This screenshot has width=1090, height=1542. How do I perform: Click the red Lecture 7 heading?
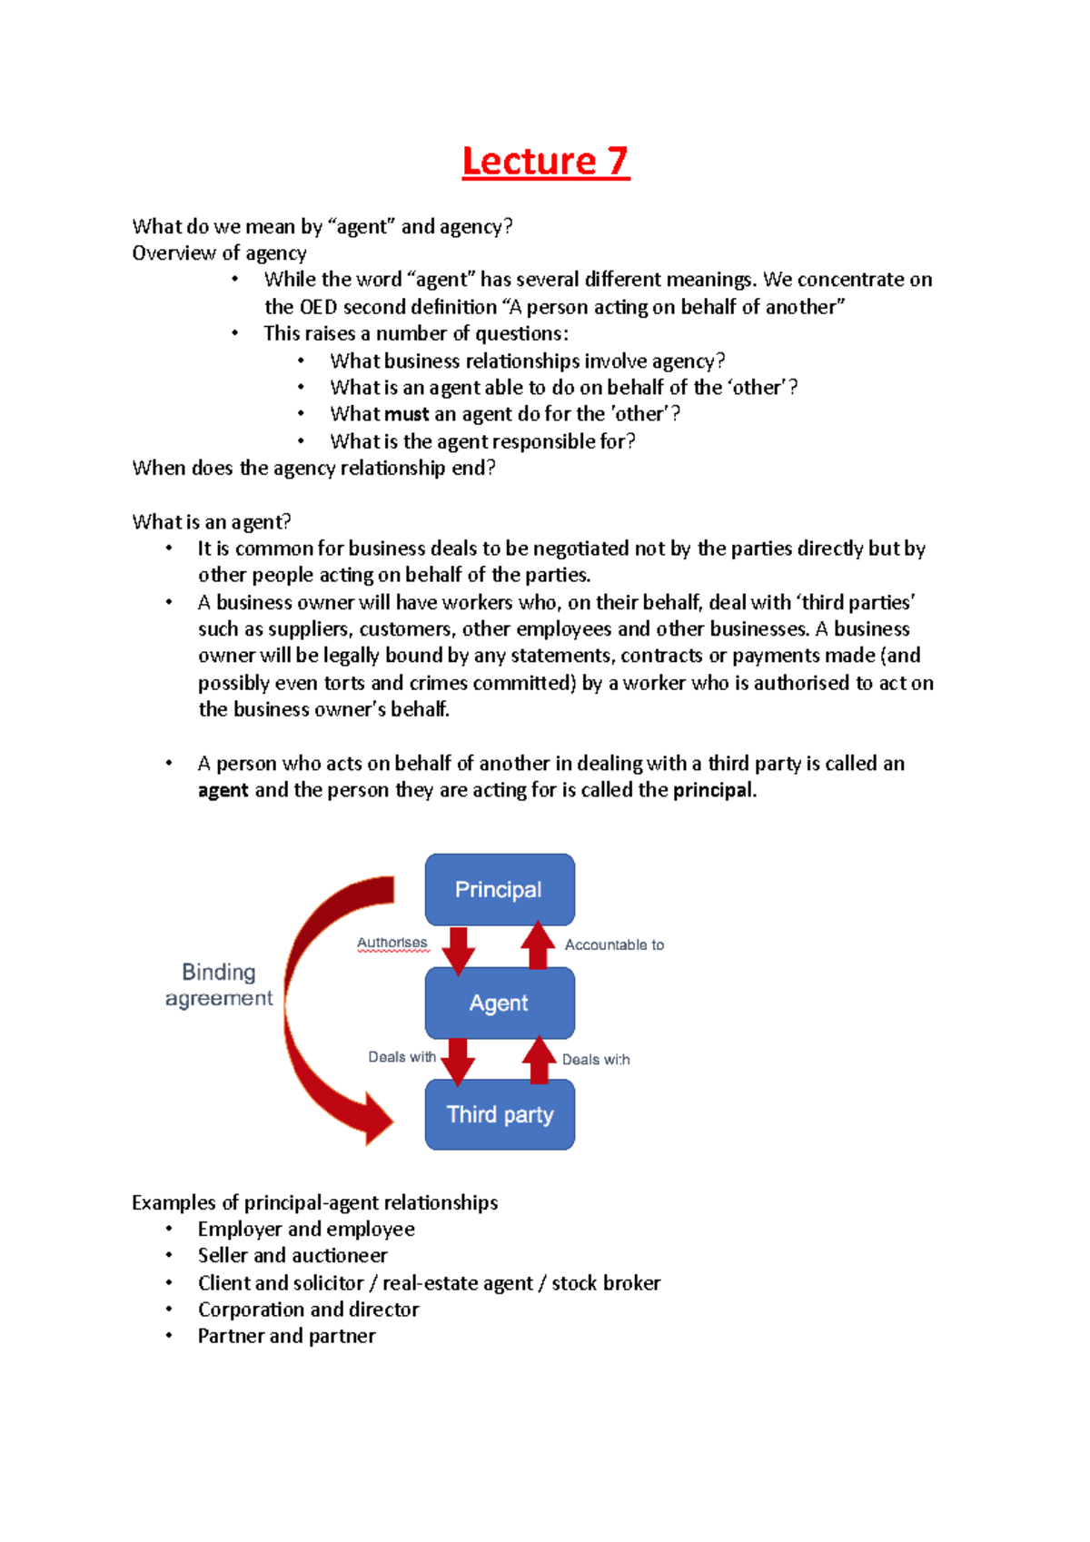click(x=545, y=161)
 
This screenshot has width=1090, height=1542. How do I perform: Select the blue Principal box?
click(x=500, y=889)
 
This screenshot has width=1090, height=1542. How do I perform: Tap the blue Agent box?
click(x=500, y=1003)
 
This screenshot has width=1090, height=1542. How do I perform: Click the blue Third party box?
click(x=500, y=1114)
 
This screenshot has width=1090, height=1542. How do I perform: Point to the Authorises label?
click(x=391, y=943)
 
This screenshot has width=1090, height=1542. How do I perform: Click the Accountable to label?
click(x=614, y=944)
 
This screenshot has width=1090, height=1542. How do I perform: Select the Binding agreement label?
click(x=219, y=985)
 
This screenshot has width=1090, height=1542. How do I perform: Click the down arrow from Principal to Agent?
click(x=459, y=949)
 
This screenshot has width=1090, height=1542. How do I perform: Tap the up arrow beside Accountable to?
click(x=538, y=946)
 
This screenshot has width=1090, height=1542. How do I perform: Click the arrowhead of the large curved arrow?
click(x=378, y=1119)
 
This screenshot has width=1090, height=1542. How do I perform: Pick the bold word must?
click(x=406, y=414)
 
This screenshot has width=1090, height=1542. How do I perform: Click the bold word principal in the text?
click(x=713, y=790)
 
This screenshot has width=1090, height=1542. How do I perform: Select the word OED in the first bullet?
click(x=318, y=307)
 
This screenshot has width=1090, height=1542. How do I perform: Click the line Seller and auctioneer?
click(x=292, y=1255)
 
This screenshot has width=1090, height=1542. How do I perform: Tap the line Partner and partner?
click(x=286, y=1336)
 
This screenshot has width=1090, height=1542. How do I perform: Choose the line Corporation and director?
click(x=308, y=1310)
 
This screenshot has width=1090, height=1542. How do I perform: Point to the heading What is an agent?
click(x=212, y=522)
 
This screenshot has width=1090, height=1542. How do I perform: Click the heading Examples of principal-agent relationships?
click(x=314, y=1202)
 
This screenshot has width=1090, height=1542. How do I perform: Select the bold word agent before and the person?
click(x=223, y=790)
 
